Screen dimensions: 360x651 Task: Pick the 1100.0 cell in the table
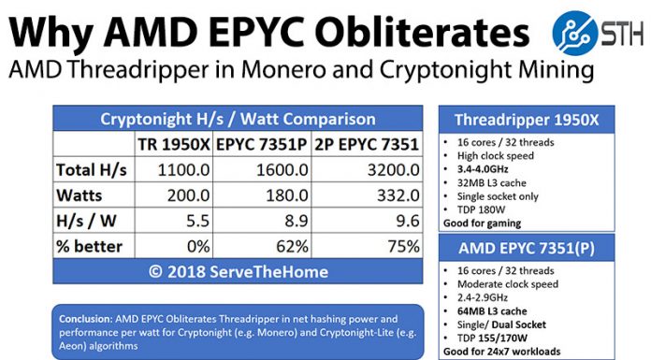click(172, 171)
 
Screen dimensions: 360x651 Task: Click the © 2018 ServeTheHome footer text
click(239, 273)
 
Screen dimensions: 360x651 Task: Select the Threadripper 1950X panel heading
click(539, 120)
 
